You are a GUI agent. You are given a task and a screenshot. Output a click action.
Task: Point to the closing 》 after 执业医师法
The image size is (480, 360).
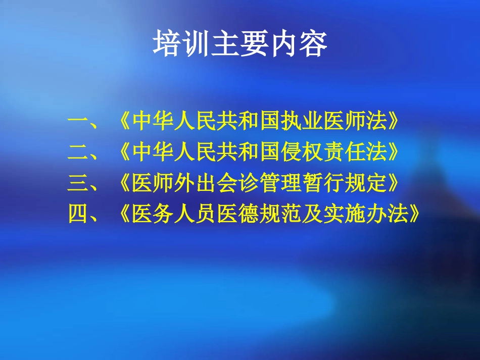tap(395, 121)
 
